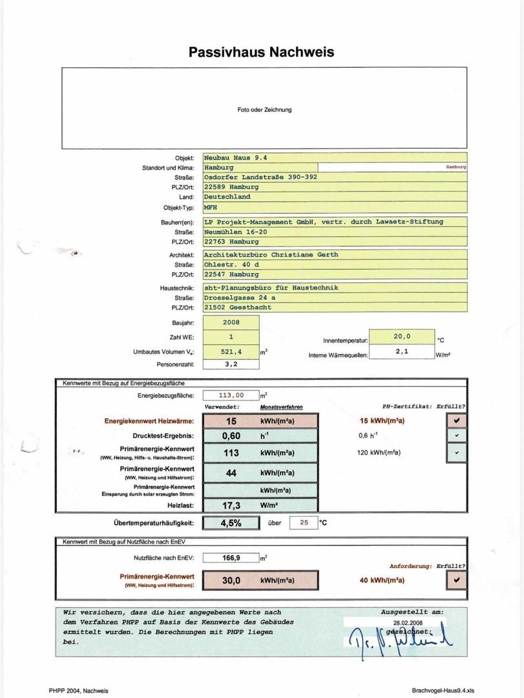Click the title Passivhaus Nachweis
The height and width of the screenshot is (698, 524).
coord(262,52)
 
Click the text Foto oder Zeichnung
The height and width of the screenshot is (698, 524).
coord(264,110)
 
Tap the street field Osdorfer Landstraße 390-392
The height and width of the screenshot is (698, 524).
coord(260,177)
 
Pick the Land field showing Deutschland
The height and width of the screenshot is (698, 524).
coord(227,196)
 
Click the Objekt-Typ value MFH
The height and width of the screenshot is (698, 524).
coord(211,208)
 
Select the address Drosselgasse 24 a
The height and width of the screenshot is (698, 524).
coord(240,297)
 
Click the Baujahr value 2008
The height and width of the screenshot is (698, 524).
coord(231,322)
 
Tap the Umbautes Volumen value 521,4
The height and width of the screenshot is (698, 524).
coord(231,352)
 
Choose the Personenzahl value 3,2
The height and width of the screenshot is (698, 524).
coord(231,364)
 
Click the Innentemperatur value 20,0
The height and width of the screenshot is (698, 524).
coord(402,337)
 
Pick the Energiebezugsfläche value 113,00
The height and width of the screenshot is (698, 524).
coord(231,395)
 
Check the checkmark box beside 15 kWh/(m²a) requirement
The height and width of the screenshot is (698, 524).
coord(457,421)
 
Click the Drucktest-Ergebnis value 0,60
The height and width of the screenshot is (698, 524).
coord(231,436)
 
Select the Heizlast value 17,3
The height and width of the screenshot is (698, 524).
coord(231,505)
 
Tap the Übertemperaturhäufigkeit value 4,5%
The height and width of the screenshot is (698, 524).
coord(231,523)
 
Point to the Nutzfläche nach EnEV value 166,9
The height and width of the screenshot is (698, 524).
coord(231,557)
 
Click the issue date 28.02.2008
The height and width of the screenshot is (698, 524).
coord(406,622)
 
